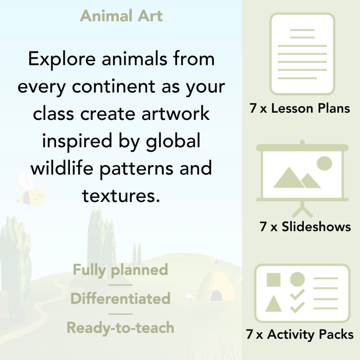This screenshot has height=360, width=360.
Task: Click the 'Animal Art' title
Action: [x=121, y=15]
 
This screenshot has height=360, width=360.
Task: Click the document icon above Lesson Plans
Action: [x=302, y=53]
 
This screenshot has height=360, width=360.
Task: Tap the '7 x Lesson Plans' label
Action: [x=299, y=109]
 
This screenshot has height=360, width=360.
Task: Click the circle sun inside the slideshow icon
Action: [x=324, y=164]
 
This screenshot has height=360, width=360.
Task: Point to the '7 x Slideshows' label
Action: [x=305, y=226]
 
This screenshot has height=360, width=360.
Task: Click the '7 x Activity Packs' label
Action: [x=300, y=335]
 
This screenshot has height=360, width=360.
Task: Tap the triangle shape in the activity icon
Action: [x=273, y=304]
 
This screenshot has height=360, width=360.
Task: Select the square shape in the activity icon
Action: [x=273, y=280]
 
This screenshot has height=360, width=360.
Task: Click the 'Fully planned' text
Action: [x=120, y=269]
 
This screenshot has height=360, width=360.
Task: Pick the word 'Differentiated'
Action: [x=120, y=298]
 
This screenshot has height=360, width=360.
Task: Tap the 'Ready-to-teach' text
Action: [x=120, y=327]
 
